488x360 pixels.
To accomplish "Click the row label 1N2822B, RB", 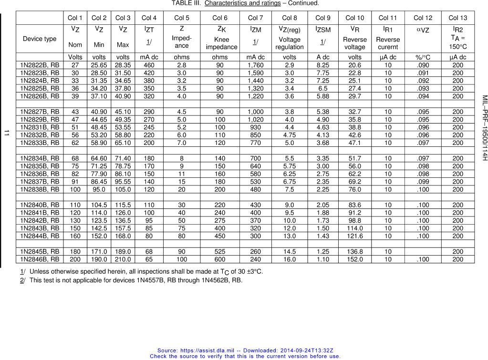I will coord(40,65).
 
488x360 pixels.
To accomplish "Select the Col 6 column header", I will coord(221,18).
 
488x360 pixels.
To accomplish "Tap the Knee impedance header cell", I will coord(221,43).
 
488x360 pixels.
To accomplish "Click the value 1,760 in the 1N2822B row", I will coord(255,65).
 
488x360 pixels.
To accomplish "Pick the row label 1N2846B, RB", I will coord(40,259).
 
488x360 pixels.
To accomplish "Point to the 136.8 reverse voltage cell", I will coord(354,252).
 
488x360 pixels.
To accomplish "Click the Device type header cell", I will coord(40,39).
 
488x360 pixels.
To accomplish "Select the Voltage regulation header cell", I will coord(289,43).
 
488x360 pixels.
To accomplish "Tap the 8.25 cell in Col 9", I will coord(322,65).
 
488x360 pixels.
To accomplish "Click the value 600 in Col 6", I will coord(221,259).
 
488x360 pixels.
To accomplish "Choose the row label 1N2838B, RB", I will coord(40,190).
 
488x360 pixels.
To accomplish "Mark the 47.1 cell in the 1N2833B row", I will coord(354,143).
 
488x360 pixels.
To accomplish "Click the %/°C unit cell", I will coord(423,57).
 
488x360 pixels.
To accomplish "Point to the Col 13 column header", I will coord(457,18).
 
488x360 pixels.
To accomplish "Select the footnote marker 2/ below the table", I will coord(22,280).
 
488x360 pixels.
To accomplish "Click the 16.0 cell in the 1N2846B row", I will coord(289,259).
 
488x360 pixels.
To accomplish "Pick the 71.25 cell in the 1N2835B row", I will coord(99,166).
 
